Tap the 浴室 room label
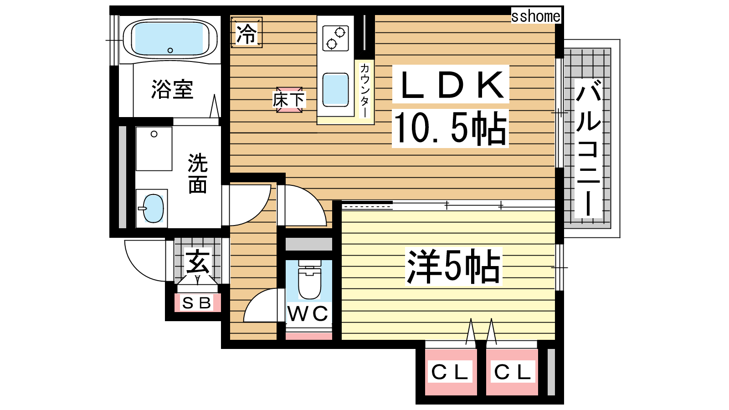pyautogui.click(x=172, y=89)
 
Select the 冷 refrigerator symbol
pyautogui.click(x=246, y=32)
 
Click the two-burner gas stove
pyautogui.click(x=335, y=38)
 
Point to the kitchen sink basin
pyautogui.click(x=335, y=90)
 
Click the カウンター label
pyautogui.click(x=364, y=90)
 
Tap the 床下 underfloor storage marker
pyautogui.click(x=289, y=100)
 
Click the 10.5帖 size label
pyautogui.click(x=451, y=128)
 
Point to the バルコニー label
pyautogui.click(x=588, y=148)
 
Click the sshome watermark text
pyautogui.click(x=536, y=16)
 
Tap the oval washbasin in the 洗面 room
pyautogui.click(x=153, y=208)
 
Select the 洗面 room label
pyautogui.click(x=198, y=174)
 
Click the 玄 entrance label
pyautogui.click(x=197, y=261)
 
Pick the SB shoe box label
pyautogui.click(x=197, y=303)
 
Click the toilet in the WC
pyautogui.click(x=309, y=280)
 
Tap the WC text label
pyautogui.click(x=308, y=314)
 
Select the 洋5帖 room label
pyautogui.click(x=453, y=266)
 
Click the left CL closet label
pyautogui.click(x=450, y=372)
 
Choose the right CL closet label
pyautogui.click(x=513, y=372)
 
